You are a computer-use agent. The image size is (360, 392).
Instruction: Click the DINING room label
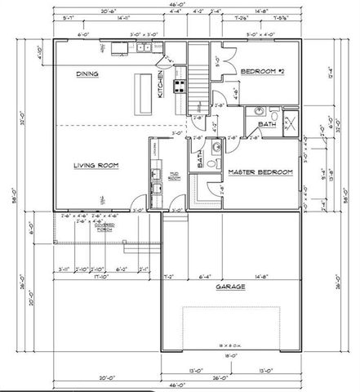click(x=88, y=73)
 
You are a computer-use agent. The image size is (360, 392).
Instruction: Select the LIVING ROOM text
click(x=97, y=165)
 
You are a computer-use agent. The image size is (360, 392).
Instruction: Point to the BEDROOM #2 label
click(x=260, y=72)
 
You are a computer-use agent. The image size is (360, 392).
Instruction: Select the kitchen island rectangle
click(x=144, y=93)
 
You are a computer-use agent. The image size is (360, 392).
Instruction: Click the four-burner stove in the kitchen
click(x=179, y=81)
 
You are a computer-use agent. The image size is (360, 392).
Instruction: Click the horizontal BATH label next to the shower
click(x=267, y=125)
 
